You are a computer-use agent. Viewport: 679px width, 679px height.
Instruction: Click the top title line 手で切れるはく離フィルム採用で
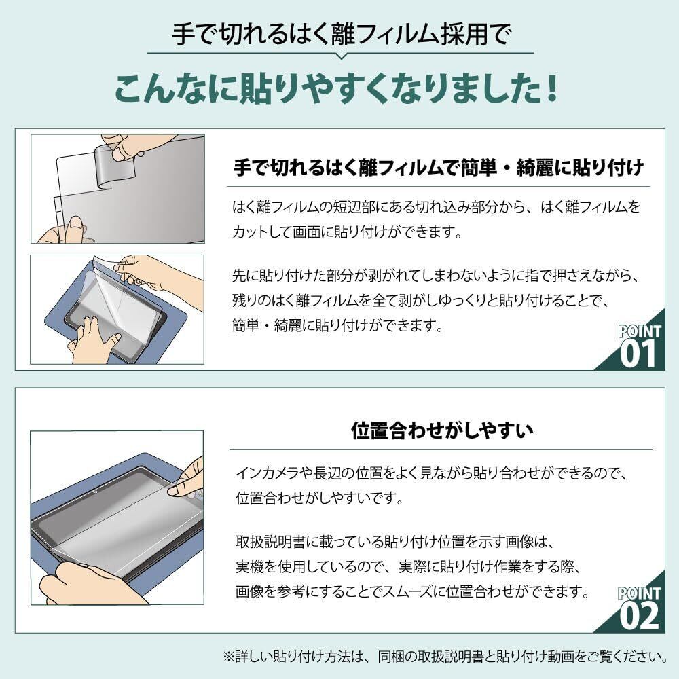[342, 34]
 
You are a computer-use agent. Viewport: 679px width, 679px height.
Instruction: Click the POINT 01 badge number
[638, 354]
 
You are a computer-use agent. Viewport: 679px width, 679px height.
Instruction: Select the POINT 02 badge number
[639, 616]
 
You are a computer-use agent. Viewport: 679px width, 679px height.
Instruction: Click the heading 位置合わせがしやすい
[441, 430]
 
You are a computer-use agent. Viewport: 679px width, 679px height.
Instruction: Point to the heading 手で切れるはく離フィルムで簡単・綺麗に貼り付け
[439, 168]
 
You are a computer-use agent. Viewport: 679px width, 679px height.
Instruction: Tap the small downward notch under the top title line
[341, 56]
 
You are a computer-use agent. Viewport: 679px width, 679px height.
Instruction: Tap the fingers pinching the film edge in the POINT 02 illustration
[186, 481]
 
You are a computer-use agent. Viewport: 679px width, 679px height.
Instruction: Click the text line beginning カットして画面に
[347, 232]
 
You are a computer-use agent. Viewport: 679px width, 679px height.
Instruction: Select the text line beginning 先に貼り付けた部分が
[436, 276]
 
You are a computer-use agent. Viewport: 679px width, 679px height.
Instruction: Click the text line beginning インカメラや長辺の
[431, 473]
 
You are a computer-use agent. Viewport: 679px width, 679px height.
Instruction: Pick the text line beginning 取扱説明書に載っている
[395, 542]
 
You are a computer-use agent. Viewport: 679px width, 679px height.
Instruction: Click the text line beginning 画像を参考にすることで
[413, 591]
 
